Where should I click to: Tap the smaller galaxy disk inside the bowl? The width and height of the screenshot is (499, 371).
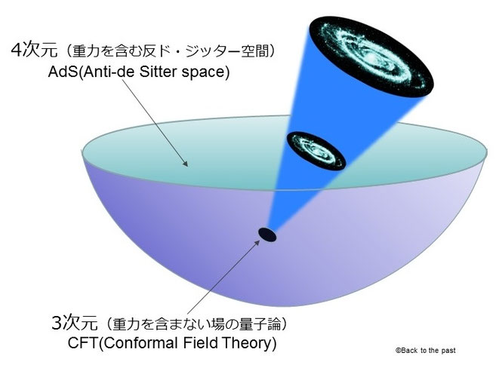(316, 148)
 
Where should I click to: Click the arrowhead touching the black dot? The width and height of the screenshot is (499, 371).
(259, 242)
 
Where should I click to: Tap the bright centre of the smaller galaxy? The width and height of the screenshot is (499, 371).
(316, 147)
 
